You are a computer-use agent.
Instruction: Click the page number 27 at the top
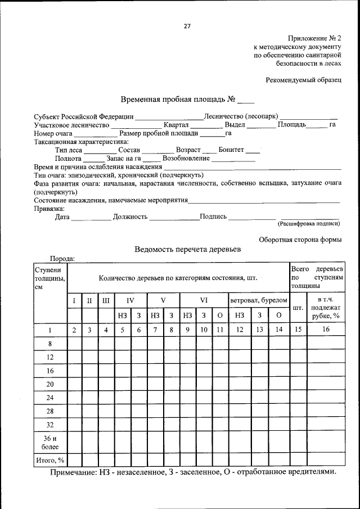point(187,26)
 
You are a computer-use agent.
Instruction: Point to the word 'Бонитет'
point(231,150)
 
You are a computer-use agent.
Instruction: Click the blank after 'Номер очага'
point(100,133)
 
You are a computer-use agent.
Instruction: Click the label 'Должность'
point(130,217)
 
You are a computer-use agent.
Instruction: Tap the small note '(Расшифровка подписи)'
point(309,224)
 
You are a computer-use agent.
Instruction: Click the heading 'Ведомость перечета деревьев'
point(187,249)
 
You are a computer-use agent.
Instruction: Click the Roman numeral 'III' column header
point(106,300)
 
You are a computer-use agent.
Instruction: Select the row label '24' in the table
point(49,398)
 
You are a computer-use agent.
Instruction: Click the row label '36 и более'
point(49,443)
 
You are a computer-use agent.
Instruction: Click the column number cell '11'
point(220,330)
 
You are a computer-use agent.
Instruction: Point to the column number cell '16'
point(326,330)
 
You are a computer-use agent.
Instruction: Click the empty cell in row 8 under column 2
point(74,344)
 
